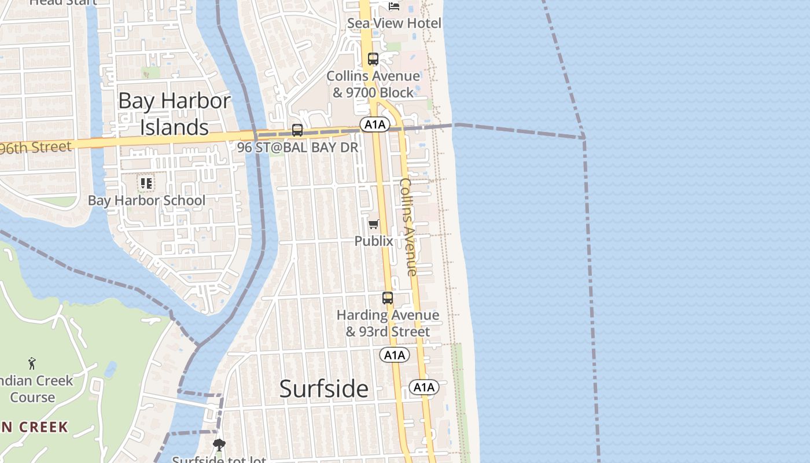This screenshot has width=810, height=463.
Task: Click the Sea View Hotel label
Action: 394,23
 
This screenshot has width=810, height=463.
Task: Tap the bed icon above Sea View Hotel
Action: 394,6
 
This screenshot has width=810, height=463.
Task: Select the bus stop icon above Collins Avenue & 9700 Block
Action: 373,59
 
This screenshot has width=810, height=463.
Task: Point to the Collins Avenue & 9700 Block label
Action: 373,84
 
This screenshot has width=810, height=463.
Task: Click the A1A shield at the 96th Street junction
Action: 374,124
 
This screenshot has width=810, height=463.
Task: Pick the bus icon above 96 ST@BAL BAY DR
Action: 297,130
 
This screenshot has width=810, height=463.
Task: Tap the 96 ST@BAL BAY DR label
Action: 298,147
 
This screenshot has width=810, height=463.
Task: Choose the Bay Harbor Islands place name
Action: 175,114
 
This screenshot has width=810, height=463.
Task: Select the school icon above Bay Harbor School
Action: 146,183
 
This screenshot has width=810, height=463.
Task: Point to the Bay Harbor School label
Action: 146,200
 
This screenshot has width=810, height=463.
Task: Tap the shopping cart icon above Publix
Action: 374,224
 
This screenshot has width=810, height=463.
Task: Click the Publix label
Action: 374,241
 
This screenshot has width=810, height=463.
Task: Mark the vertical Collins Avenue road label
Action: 408,226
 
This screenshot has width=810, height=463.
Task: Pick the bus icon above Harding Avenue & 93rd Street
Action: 388,298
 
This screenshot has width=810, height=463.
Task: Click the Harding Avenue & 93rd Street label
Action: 388,324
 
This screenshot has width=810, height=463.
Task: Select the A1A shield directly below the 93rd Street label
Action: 395,355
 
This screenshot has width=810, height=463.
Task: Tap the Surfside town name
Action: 323,388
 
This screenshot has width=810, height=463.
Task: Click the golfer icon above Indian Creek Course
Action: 32,363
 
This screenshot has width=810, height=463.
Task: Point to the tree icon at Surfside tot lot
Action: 219,445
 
